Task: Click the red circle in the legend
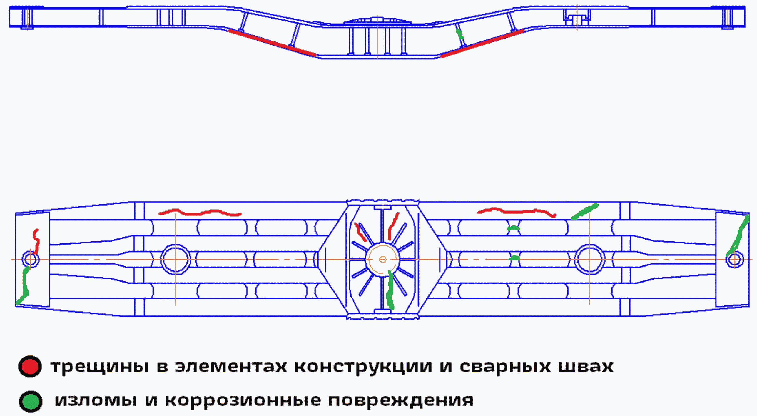tap(30, 367)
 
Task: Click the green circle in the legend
tap(31, 402)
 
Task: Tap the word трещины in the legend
tap(99, 367)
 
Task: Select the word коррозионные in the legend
tap(243, 400)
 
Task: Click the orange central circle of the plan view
tap(382, 260)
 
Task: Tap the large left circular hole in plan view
tap(176, 260)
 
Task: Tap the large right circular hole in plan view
tap(589, 260)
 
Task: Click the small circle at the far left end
tap(30, 260)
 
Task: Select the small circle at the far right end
tap(734, 260)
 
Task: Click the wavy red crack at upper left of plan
tap(200, 212)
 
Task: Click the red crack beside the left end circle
tap(36, 241)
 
